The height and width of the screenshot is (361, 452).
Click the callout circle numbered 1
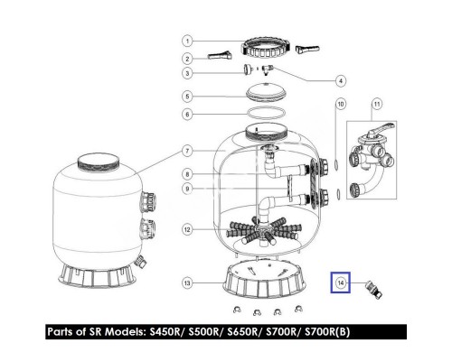click(x=187, y=41)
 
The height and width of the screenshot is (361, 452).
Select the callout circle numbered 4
click(x=341, y=80)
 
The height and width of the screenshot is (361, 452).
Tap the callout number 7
click(x=187, y=151)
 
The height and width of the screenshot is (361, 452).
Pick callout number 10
click(x=341, y=104)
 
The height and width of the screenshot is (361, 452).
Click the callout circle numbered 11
click(x=377, y=104)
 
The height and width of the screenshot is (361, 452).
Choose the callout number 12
click(x=187, y=229)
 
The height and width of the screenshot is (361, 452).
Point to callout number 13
click(x=187, y=282)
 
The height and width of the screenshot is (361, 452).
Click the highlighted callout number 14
click(x=341, y=282)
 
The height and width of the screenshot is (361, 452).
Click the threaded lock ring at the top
click(x=266, y=49)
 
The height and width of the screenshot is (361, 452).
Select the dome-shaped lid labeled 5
click(x=266, y=92)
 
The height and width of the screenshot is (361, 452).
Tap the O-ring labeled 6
click(x=266, y=114)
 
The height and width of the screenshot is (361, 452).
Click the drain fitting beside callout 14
click(x=373, y=290)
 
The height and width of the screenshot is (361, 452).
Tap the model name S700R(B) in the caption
click(x=327, y=331)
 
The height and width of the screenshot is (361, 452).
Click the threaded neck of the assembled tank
click(x=99, y=164)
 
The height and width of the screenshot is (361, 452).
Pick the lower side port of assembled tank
click(x=148, y=228)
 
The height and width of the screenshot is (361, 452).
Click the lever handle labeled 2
click(x=220, y=55)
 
